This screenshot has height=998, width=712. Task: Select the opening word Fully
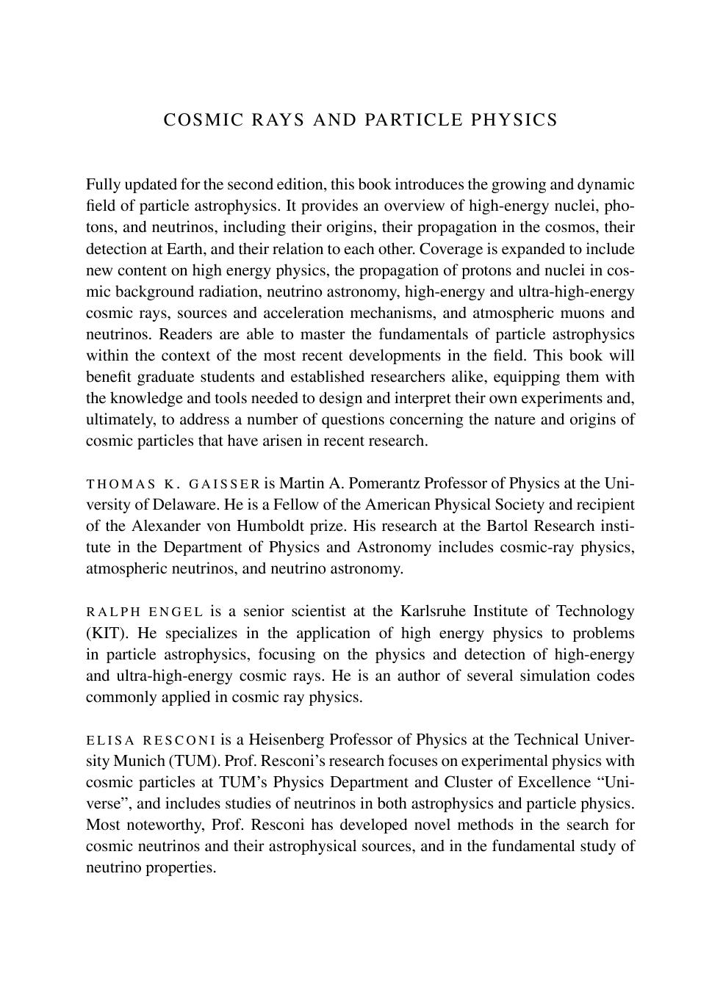[x=104, y=184]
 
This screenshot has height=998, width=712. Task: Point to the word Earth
[x=184, y=248]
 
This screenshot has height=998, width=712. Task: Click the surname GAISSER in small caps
[x=224, y=484]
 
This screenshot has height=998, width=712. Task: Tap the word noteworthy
[x=164, y=825]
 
